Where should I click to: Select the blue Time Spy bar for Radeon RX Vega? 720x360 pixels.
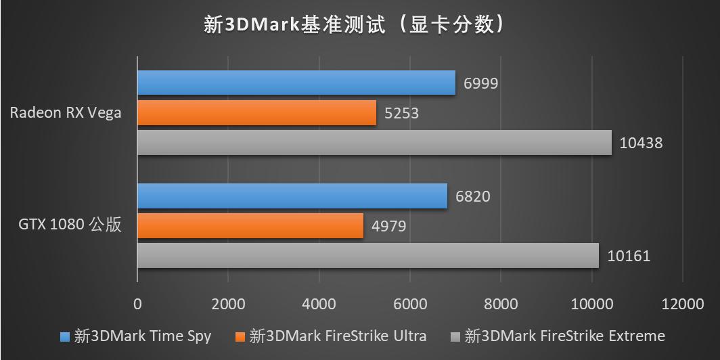point(296,83)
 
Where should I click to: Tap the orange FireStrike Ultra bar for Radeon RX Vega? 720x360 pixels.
point(256,112)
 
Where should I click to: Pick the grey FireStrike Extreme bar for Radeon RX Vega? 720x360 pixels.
point(374,143)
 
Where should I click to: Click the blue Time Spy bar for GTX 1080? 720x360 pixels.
point(292,196)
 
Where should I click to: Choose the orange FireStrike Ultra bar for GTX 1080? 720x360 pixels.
point(250,225)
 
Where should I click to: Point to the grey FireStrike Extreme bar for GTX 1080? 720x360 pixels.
point(368,256)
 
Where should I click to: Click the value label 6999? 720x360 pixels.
point(481,83)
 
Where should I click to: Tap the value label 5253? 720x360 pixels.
point(401,113)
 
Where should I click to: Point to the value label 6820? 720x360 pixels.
point(473,197)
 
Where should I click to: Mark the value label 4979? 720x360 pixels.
point(388,226)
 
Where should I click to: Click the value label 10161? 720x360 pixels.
point(628,256)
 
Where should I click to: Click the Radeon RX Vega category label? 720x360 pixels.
point(66,112)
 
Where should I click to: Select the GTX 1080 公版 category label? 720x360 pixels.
point(70,225)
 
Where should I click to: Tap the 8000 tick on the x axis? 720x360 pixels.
point(501,304)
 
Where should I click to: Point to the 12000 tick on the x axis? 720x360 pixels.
point(683,304)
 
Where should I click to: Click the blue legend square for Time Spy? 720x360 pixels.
point(65,336)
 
